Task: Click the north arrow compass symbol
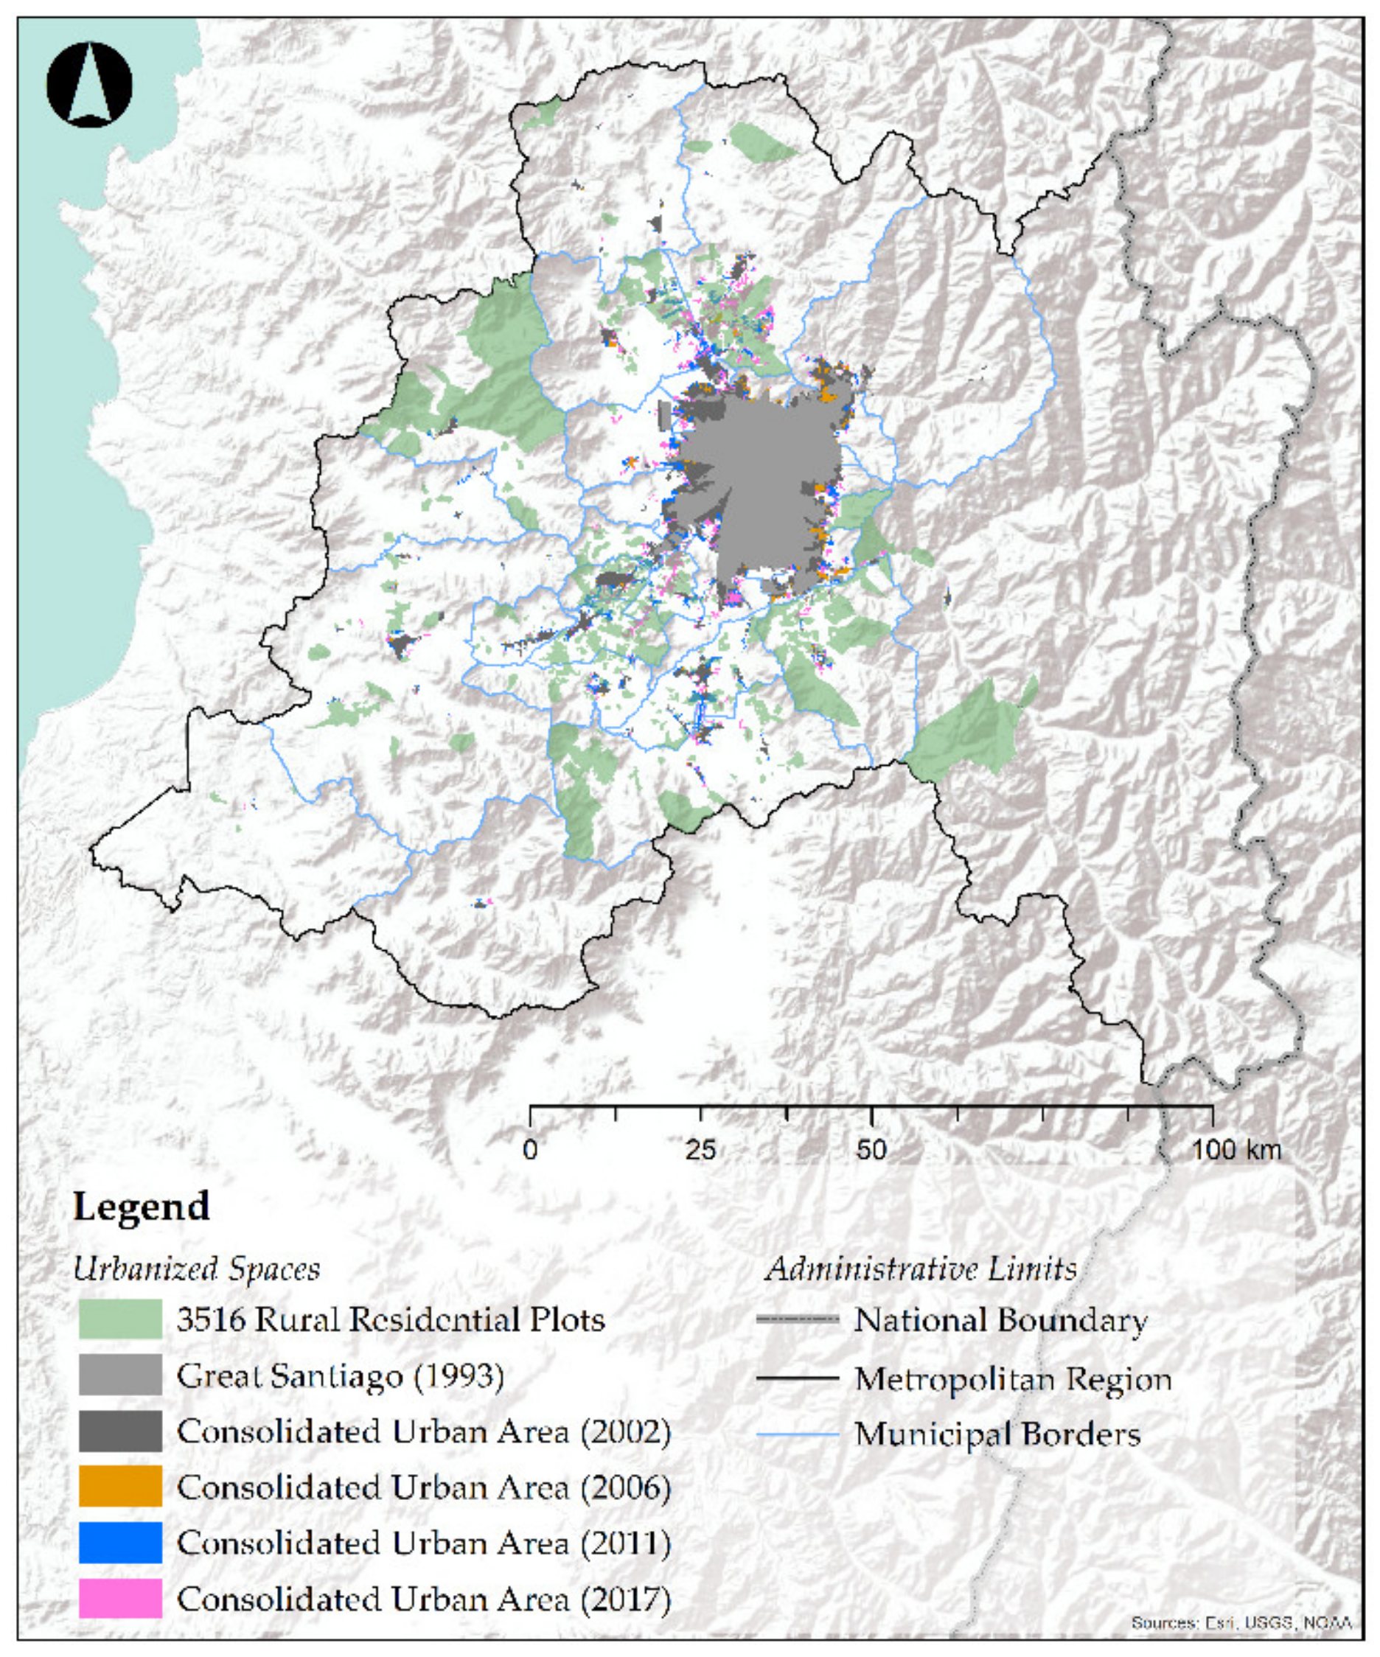coord(89,85)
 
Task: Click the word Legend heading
coord(142,1207)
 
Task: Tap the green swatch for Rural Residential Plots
coord(120,1319)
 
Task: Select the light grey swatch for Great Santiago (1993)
coord(120,1375)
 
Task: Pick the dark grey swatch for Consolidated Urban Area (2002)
coord(120,1431)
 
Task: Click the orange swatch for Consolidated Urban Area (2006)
coord(120,1487)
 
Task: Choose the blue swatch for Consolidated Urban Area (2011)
coord(120,1543)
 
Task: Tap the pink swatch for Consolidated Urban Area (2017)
coord(120,1599)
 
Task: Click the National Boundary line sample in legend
coord(797,1319)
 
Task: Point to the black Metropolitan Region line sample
coord(797,1378)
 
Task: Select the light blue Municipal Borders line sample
coord(797,1434)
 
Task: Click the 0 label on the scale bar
coord(530,1150)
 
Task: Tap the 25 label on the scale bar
coord(700,1150)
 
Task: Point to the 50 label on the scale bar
coord(871,1150)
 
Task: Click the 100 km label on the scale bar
coord(1236,1150)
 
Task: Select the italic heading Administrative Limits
coord(921,1269)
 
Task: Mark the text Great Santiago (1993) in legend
coord(340,1375)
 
